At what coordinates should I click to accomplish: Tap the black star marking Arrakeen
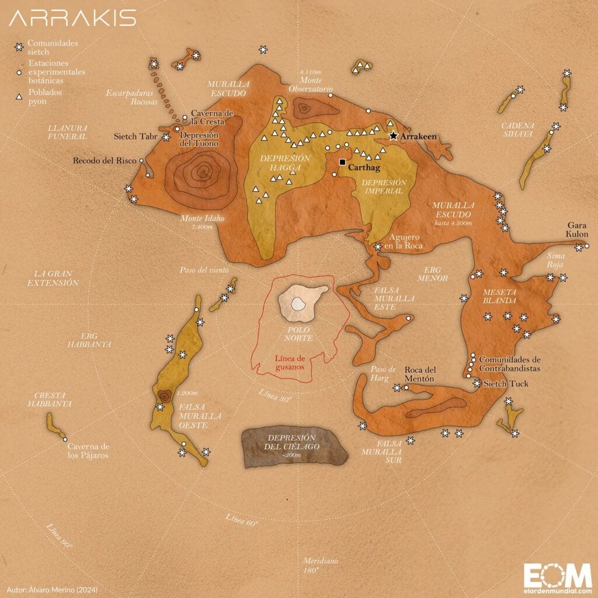pos(394,136)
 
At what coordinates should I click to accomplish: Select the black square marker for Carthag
pos(342,162)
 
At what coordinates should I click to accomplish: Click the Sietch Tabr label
pos(135,137)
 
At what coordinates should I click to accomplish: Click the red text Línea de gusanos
pos(291,363)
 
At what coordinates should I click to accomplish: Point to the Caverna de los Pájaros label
pos(88,450)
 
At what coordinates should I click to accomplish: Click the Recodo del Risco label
pos(105,161)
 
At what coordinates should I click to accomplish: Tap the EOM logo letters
pos(557,575)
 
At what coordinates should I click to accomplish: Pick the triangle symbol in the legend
pos(19,96)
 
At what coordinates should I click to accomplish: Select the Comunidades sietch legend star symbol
pos(19,47)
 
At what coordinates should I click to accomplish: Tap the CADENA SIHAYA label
pos(517,129)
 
